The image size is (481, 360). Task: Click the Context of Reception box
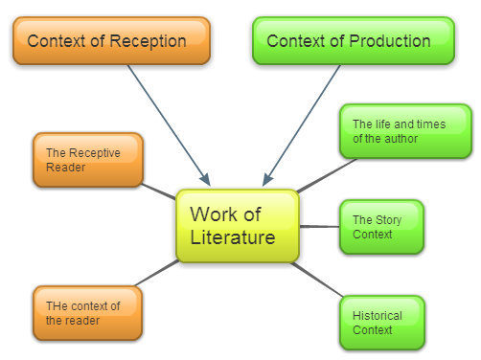pyautogui.click(x=111, y=41)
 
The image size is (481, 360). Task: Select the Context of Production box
pyautogui.click(x=352, y=41)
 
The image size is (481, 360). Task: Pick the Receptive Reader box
pyautogui.click(x=87, y=160)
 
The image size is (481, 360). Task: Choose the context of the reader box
pyautogui.click(x=87, y=313)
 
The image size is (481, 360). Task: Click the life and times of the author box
pyautogui.click(x=406, y=131)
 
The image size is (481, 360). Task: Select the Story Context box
pyautogui.click(x=380, y=227)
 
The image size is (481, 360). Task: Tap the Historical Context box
pyautogui.click(x=380, y=323)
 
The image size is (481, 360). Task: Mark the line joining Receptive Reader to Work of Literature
pyautogui.click(x=158, y=191)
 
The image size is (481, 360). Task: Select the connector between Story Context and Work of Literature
pyautogui.click(x=319, y=227)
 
